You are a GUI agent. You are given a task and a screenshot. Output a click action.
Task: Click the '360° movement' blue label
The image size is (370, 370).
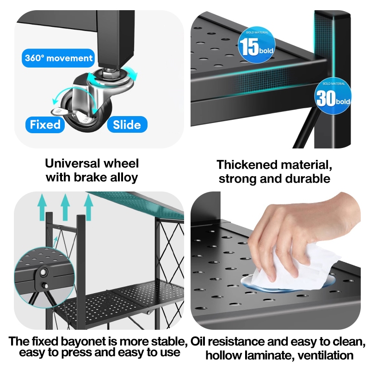[59, 58]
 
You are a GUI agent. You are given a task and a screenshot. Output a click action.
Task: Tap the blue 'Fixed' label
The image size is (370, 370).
[45, 124]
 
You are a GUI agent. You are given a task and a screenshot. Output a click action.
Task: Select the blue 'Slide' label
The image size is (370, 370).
[127, 124]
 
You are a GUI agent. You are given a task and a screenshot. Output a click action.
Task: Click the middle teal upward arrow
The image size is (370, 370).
[65, 206]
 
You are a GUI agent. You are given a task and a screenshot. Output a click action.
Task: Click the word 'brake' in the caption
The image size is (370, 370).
[97, 177]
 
